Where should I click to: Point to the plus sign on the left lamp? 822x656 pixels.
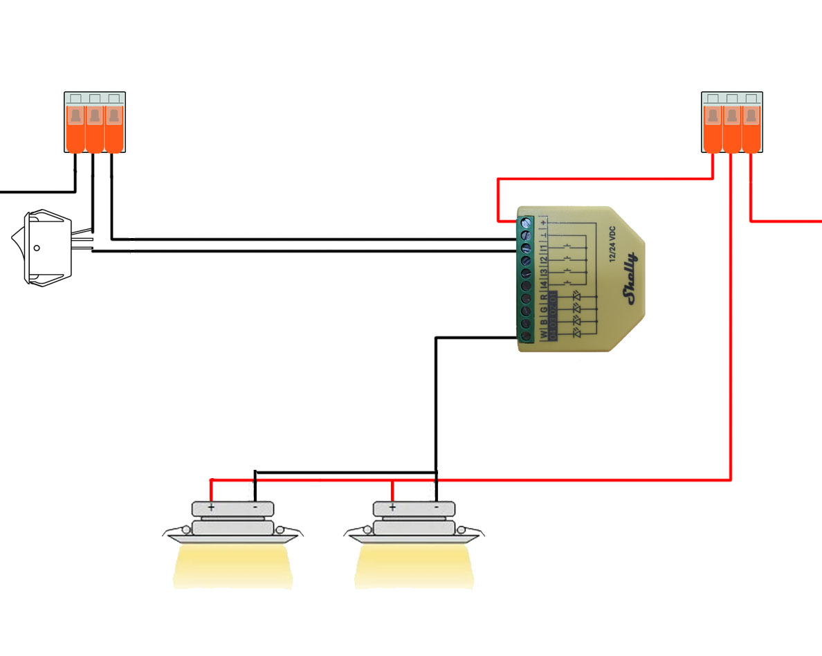pyautogui.click(x=211, y=507)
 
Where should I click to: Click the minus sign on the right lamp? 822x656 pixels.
pyautogui.click(x=436, y=507)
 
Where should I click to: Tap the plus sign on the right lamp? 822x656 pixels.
pyautogui.click(x=392, y=507)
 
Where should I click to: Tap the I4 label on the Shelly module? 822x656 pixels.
pyautogui.click(x=544, y=284)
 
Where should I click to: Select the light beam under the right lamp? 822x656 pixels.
pyautogui.click(x=414, y=567)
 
